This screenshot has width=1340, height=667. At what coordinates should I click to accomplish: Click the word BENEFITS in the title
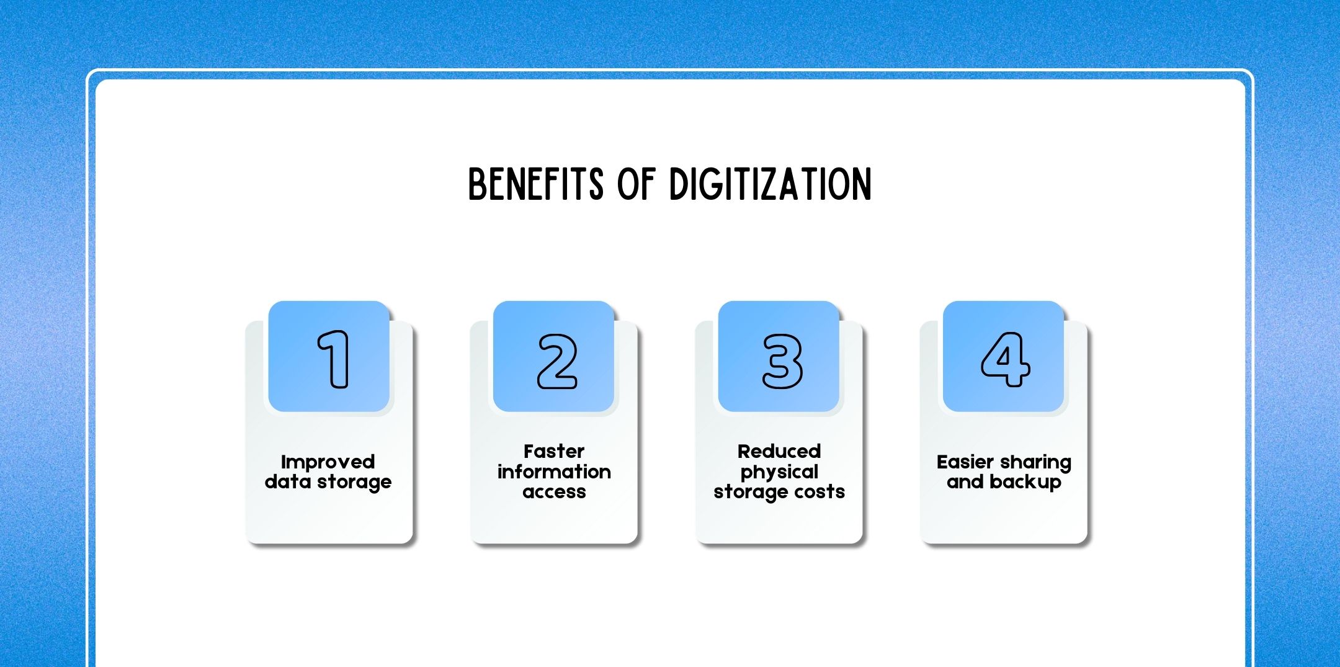pyautogui.click(x=535, y=184)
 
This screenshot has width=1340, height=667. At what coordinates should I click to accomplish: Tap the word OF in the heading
pyautogui.click(x=636, y=184)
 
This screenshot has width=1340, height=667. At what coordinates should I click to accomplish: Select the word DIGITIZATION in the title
pyautogui.click(x=770, y=184)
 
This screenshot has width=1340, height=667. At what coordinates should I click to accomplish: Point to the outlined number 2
pyautogui.click(x=556, y=361)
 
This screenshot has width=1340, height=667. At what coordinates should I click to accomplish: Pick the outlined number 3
pyautogui.click(x=782, y=361)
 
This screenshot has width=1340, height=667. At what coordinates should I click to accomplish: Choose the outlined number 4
pyautogui.click(x=1005, y=359)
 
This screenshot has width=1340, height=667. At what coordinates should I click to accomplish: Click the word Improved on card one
pyautogui.click(x=328, y=462)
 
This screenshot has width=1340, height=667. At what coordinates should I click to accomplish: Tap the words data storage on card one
pyautogui.click(x=328, y=482)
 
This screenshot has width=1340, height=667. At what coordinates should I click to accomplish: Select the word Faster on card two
pyautogui.click(x=553, y=451)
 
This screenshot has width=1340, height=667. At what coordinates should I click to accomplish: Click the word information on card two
pyautogui.click(x=553, y=472)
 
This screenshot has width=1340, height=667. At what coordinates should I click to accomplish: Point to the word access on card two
pyautogui.click(x=553, y=492)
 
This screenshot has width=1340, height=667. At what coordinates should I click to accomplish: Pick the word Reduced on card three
pyautogui.click(x=779, y=451)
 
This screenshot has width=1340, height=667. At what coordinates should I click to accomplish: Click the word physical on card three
pyautogui.click(x=779, y=473)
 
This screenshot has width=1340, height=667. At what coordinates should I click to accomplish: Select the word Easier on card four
pyautogui.click(x=965, y=462)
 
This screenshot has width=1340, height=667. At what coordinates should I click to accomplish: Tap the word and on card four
pyautogui.click(x=965, y=482)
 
